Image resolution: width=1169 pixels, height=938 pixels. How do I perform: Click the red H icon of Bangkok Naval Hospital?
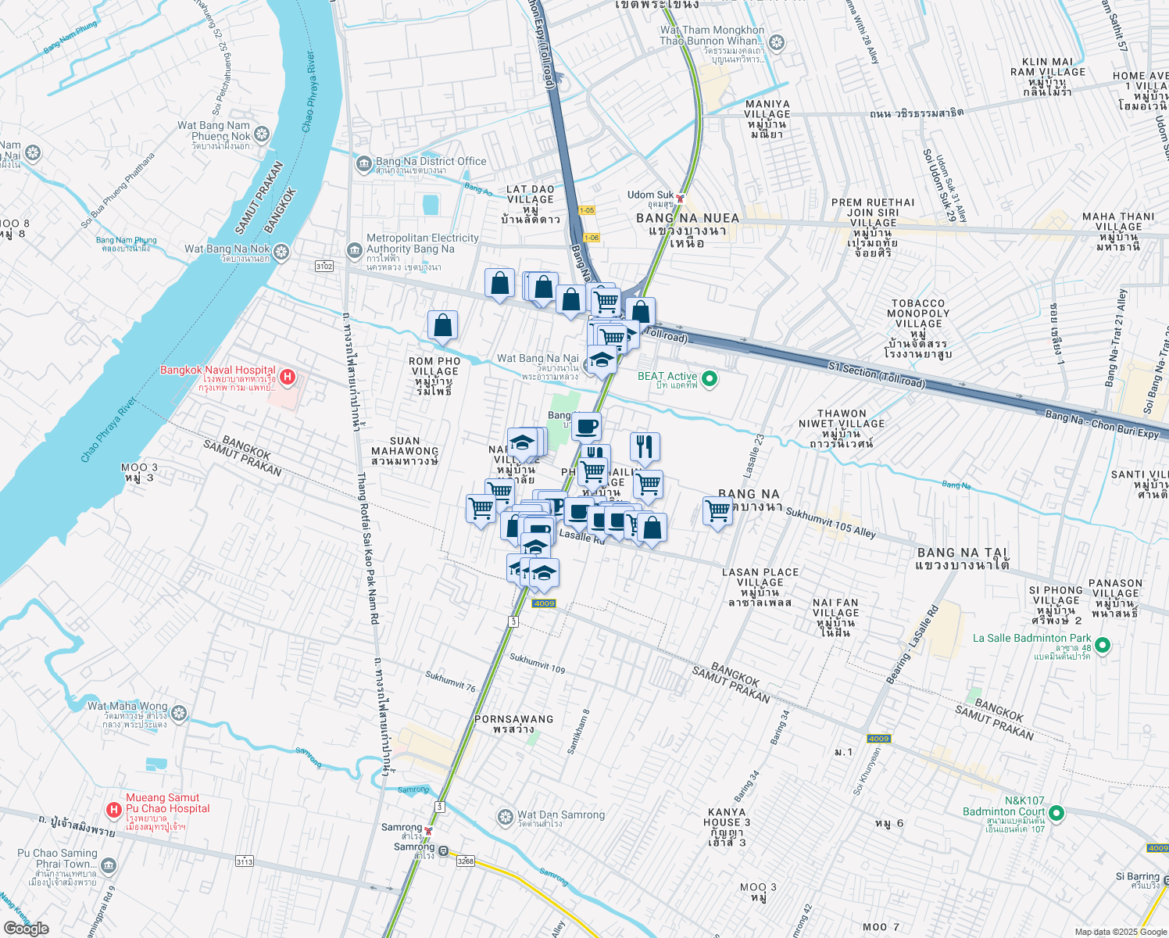pos(287,378)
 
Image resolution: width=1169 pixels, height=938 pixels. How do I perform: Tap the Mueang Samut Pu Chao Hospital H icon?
pos(113,809)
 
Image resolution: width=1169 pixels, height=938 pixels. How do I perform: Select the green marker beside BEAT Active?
pos(710,380)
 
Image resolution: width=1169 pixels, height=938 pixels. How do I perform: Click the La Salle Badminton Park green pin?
pos(1103,645)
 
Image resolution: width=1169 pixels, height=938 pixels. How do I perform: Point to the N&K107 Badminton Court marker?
pos(1056,814)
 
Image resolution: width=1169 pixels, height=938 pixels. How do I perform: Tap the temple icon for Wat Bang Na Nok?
pos(281,252)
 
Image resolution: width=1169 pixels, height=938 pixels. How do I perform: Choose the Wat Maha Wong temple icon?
pos(179,713)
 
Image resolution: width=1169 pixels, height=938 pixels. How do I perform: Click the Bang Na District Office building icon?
pos(363,164)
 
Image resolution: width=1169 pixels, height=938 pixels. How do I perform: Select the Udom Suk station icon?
pos(681,197)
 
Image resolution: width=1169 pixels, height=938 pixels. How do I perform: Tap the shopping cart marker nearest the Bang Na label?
pos(717,512)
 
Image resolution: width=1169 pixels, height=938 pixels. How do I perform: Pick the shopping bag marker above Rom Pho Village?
pos(442,326)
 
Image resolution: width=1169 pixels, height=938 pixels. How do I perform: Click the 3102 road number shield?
pos(324,267)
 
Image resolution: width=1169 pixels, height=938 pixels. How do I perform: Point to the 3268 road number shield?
pos(465,861)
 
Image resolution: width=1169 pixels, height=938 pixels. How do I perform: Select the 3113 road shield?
pos(245,861)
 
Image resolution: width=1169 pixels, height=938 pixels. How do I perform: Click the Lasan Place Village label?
pos(760,582)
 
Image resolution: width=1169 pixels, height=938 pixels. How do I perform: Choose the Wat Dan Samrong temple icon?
pos(506,818)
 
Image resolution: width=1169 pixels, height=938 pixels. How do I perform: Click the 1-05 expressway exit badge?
pos(587,210)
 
